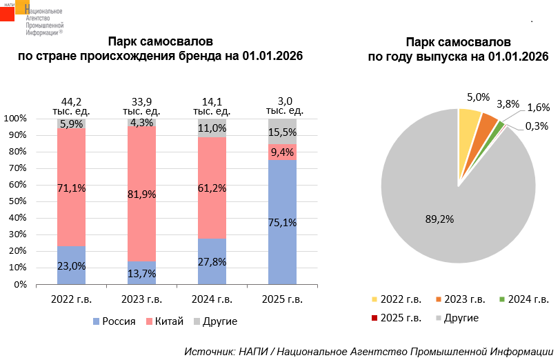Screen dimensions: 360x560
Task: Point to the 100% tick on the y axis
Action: (x=15, y=119)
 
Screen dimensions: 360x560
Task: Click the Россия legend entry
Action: (x=114, y=321)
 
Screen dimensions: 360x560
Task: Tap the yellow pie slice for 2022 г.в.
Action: (x=470, y=121)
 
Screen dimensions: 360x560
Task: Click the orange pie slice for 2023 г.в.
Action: (x=488, y=125)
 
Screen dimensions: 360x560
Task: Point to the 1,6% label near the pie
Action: (x=538, y=108)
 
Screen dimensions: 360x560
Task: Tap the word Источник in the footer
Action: (x=208, y=351)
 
